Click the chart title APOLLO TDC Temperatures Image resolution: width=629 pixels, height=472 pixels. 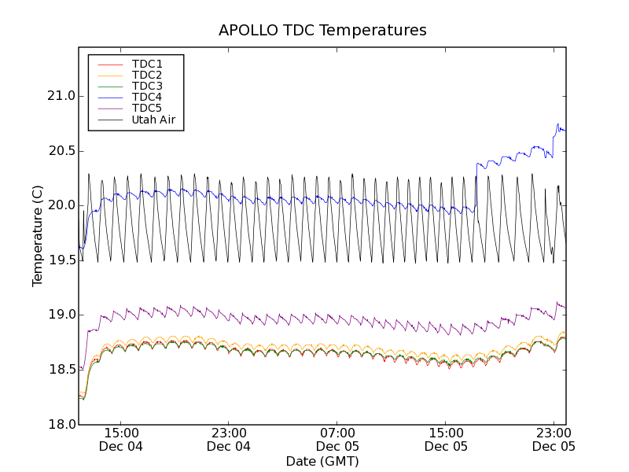click(x=322, y=31)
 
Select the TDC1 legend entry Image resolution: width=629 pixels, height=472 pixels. click(x=147, y=64)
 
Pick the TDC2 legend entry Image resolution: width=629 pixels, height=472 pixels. click(x=147, y=75)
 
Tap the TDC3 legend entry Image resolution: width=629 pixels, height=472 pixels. click(x=147, y=86)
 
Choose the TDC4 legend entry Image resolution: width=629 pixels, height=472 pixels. click(x=147, y=97)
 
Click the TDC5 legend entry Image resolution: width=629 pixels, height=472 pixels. click(x=147, y=109)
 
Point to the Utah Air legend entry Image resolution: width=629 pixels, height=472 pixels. click(x=153, y=120)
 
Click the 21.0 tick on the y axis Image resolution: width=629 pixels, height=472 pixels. click(x=60, y=96)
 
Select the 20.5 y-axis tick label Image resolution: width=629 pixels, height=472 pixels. click(x=60, y=151)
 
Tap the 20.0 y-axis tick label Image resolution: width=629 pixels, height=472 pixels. click(x=60, y=205)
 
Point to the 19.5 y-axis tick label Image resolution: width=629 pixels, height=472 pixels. click(x=60, y=260)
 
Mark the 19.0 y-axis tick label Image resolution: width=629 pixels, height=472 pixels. click(x=60, y=315)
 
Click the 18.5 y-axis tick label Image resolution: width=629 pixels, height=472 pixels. click(x=60, y=370)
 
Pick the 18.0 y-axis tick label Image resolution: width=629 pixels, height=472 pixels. click(x=60, y=425)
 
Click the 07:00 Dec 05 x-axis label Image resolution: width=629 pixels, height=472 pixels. click(x=337, y=439)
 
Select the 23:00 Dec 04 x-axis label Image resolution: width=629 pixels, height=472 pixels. click(x=229, y=439)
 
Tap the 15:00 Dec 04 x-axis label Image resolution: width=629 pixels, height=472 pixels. click(x=120, y=439)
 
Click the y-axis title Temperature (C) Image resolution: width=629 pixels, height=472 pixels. click(x=38, y=236)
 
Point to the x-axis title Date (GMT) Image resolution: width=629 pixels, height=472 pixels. click(x=322, y=461)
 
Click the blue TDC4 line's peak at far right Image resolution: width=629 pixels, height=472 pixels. click(x=558, y=124)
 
